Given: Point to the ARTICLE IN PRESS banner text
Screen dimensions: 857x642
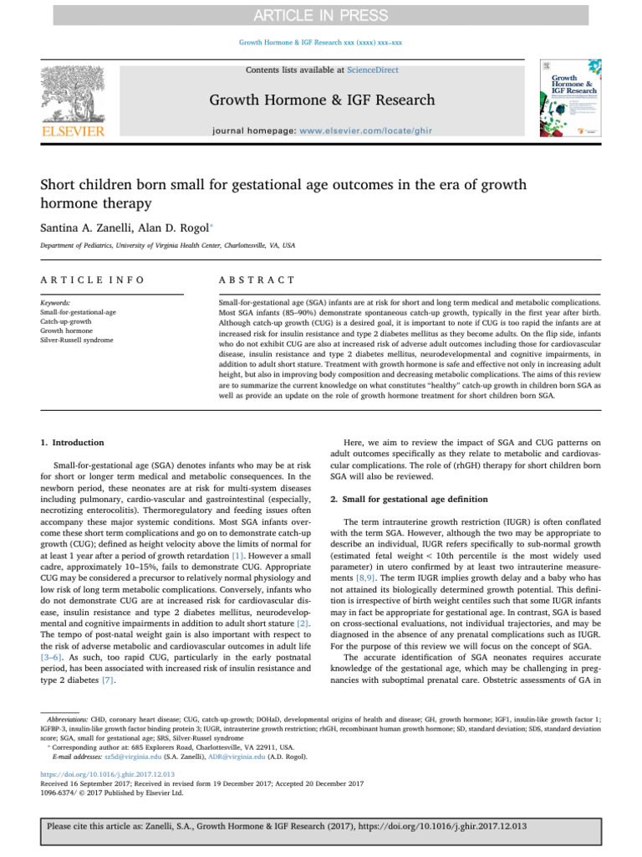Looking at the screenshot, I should (x=321, y=15).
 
